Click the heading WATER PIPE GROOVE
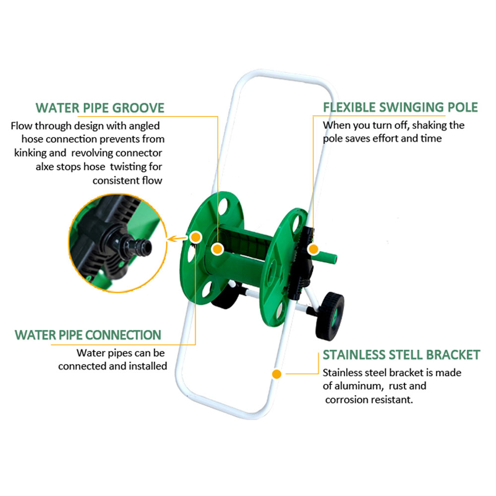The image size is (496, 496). click(100, 108)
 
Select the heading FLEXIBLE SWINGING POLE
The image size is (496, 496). click(400, 107)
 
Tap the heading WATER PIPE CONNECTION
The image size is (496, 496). click(88, 335)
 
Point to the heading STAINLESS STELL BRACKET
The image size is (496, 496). click(401, 355)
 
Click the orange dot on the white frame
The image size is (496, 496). click(277, 373)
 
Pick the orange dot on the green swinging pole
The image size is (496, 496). click(313, 249)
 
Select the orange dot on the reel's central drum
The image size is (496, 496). click(217, 249)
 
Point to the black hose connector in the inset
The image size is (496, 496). click(130, 244)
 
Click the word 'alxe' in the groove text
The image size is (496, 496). click(45, 167)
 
